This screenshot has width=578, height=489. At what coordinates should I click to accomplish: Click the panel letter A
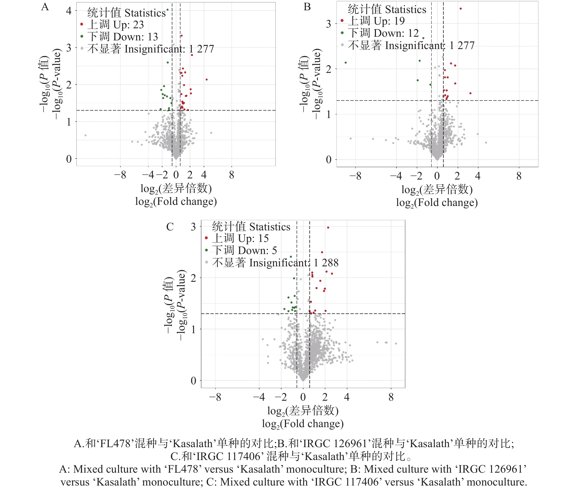[x=45, y=7]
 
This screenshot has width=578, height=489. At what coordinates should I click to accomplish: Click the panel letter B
[x=307, y=7]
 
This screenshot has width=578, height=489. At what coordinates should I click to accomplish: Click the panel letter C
[x=170, y=227]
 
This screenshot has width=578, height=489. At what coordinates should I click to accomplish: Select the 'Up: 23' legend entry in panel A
[x=116, y=25]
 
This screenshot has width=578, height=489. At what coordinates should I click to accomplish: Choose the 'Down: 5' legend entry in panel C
[x=244, y=250]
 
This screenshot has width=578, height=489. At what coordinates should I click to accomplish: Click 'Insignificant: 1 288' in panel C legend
[x=275, y=262]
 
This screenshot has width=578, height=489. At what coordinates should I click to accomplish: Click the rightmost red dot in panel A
[x=206, y=79]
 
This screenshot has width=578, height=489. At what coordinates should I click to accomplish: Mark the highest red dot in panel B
[x=461, y=9]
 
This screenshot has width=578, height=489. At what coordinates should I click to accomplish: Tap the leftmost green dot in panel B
[x=346, y=63]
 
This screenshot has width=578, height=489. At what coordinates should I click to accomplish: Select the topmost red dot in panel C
[x=328, y=228]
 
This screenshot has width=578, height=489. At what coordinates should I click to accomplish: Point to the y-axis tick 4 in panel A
[x=69, y=11]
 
